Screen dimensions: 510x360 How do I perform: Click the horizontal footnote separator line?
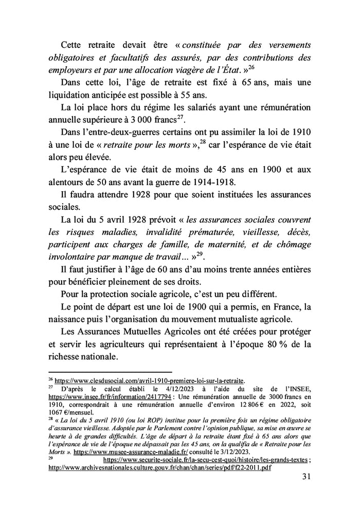[x=109, y=371]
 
